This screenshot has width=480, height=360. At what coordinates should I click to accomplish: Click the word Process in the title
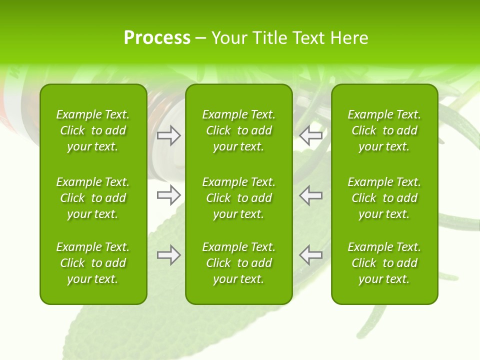click(x=157, y=38)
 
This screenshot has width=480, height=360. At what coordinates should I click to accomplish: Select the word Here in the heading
click(x=349, y=38)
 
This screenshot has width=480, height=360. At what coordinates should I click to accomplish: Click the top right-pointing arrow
click(x=168, y=135)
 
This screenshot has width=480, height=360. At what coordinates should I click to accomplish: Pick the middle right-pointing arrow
click(x=168, y=195)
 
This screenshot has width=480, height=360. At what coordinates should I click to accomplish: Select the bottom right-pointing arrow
click(x=168, y=255)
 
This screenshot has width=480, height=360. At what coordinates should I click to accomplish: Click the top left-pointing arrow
click(x=311, y=135)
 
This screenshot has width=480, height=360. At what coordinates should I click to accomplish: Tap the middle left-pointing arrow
click(x=311, y=195)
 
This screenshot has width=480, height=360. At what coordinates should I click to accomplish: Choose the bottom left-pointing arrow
click(x=311, y=255)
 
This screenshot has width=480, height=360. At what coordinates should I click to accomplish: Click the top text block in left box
click(x=93, y=130)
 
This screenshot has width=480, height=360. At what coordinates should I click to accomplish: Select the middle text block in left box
click(x=93, y=198)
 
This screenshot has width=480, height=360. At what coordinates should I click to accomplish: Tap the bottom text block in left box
click(x=93, y=263)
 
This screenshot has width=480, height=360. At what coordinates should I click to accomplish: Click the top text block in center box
click(x=238, y=130)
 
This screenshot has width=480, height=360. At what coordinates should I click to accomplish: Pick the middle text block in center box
click(x=238, y=198)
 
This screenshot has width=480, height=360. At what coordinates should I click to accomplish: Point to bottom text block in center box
click(x=238, y=263)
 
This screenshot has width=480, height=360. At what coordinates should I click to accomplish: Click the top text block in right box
click(x=384, y=130)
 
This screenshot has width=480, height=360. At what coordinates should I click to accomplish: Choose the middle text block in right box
click(x=384, y=198)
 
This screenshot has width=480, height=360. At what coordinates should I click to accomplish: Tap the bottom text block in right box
click(x=384, y=263)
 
